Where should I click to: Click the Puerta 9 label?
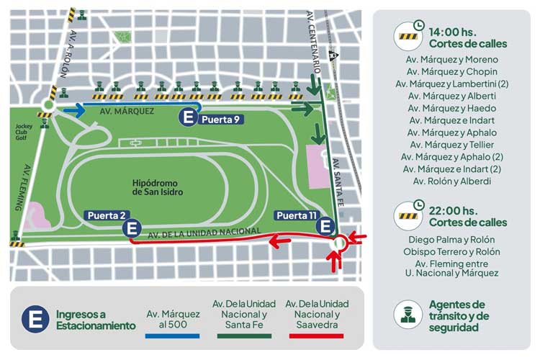220,120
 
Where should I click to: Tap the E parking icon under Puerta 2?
131,229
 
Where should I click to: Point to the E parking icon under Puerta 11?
325,227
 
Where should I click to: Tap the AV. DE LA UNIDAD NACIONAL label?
204,230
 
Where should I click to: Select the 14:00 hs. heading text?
452,32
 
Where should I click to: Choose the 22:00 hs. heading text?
452,210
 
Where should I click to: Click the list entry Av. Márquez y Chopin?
451,71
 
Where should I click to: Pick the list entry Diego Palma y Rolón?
451,239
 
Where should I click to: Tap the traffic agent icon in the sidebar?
408,315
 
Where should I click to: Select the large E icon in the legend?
35,320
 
